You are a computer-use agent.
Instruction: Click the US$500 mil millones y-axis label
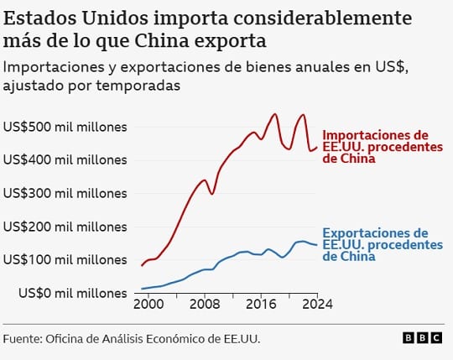65,127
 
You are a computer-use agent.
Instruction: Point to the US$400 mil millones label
65,159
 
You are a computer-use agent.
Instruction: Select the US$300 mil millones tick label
65,193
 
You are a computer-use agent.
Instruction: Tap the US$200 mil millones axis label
65,227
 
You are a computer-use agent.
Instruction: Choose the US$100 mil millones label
65,260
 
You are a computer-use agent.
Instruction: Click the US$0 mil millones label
73,293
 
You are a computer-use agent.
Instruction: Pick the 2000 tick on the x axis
148,305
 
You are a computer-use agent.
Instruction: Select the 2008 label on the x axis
205,305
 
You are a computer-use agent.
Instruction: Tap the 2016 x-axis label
261,305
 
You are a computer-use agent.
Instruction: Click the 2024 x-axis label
317,305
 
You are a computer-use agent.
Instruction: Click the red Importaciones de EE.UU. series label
383,147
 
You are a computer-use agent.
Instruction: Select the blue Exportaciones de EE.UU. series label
383,245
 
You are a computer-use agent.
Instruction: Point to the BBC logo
422,338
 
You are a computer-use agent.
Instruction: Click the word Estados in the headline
40,18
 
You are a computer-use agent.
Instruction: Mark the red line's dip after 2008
211,194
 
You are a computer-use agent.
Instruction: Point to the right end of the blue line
317,245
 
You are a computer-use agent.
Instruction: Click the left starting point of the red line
142,265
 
